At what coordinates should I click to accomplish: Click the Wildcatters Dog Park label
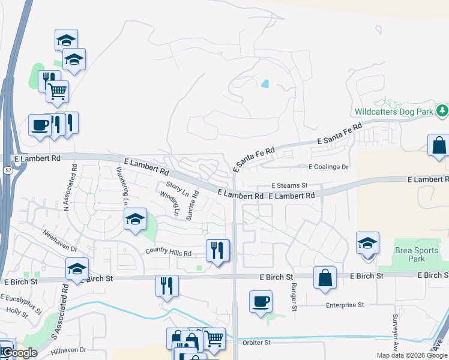tap(394, 112)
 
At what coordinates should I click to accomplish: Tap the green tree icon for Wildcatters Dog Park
tap(442, 110)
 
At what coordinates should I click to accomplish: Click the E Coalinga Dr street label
tap(328, 167)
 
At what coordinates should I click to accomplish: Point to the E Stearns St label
tap(289, 186)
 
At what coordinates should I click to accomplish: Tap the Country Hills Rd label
tap(167, 253)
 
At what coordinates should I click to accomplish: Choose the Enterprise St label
tap(345, 305)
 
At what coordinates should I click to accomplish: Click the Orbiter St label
tap(258, 343)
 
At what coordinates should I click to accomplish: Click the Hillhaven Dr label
tap(69, 350)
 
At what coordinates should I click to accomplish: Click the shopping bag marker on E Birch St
tap(325, 278)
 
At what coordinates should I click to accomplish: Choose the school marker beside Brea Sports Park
tap(367, 244)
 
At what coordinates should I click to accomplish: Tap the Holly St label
tap(13, 310)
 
